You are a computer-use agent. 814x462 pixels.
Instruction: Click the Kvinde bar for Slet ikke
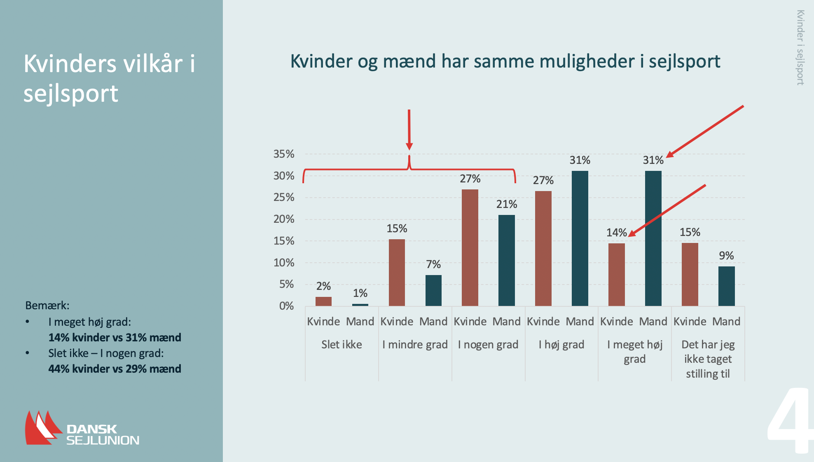(x=323, y=301)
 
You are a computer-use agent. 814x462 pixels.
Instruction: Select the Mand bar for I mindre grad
(x=433, y=290)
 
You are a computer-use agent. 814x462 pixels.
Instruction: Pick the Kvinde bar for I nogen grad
(x=470, y=247)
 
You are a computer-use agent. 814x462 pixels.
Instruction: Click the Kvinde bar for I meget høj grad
(x=616, y=274)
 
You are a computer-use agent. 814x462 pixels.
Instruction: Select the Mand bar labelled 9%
(x=726, y=286)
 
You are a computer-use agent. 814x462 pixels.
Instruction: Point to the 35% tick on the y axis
(x=284, y=154)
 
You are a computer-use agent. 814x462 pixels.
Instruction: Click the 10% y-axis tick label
(x=284, y=263)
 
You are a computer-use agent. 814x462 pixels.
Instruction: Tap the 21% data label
(x=506, y=204)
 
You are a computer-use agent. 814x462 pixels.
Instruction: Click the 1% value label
(x=360, y=293)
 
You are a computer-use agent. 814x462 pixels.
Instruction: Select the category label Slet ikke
(x=342, y=345)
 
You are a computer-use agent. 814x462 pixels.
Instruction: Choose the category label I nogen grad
(x=488, y=345)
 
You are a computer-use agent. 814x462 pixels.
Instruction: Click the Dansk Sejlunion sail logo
(x=41, y=428)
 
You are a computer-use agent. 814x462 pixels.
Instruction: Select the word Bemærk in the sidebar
(x=47, y=306)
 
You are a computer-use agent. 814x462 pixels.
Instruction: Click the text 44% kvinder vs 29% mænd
(x=115, y=369)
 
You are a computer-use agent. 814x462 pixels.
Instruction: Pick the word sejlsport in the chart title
(x=684, y=62)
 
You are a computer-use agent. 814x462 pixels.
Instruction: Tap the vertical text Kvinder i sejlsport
(x=800, y=47)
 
